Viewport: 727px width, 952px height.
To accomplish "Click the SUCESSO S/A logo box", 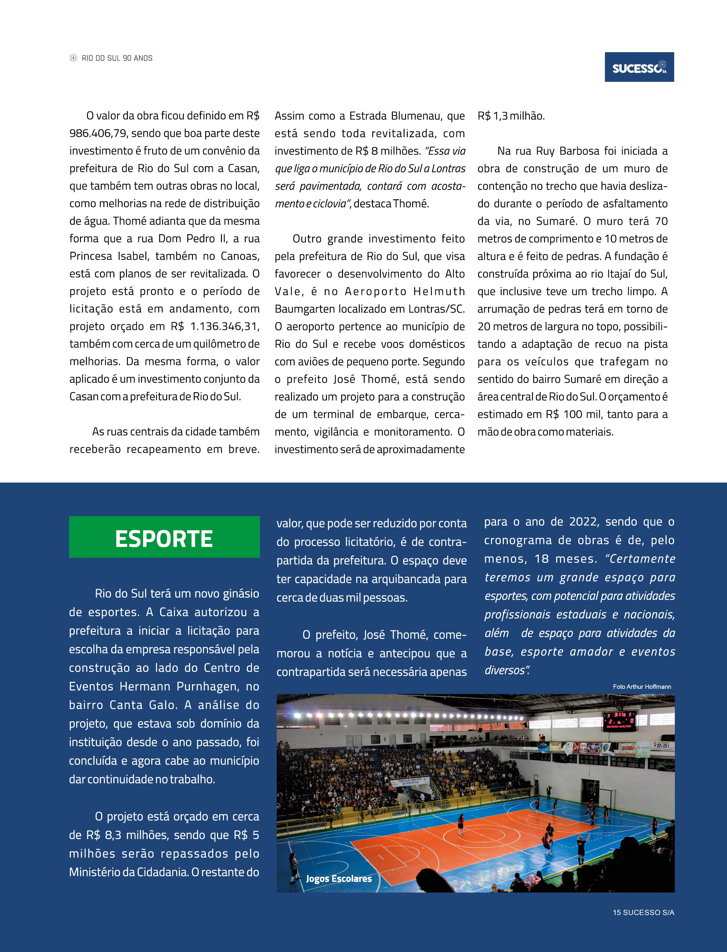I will [639, 67].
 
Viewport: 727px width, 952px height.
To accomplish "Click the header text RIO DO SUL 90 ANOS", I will [117, 58].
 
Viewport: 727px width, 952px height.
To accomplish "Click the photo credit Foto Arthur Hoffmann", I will [642, 687].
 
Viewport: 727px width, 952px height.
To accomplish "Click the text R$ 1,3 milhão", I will [511, 116].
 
